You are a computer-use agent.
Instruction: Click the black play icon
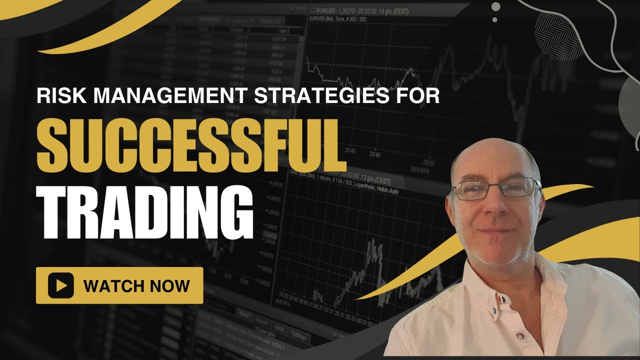point(61,285)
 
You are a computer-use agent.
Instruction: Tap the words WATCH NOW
point(136,286)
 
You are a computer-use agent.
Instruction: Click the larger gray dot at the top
point(495,7)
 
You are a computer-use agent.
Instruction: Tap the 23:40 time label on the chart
point(350,150)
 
